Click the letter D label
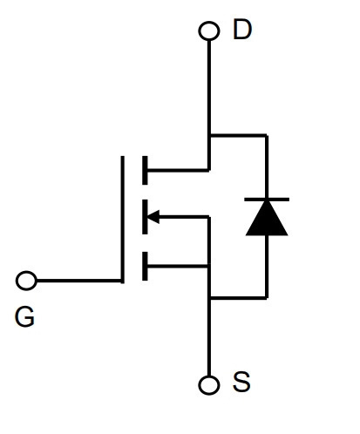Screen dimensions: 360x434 (242, 30)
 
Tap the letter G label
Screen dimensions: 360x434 (24, 317)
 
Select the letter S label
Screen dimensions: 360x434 (241, 382)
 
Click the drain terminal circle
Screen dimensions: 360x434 (209, 31)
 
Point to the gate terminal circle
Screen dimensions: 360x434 (26, 281)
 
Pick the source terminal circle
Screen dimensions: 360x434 (209, 385)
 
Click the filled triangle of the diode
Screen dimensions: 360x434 (267, 218)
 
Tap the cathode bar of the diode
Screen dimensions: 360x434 (267, 200)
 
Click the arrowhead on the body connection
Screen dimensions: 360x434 (153, 217)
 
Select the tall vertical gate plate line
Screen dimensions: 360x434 (122, 220)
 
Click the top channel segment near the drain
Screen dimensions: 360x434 (145, 170)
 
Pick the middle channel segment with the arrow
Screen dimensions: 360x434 (145, 217)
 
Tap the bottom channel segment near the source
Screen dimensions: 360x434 (145, 266)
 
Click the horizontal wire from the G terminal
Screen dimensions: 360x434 (78, 281)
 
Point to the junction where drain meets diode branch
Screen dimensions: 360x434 (209, 135)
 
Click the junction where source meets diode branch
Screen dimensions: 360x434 (209, 298)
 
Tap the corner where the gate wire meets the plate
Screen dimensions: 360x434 (122, 281)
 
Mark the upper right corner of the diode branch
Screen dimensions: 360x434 (267, 135)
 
